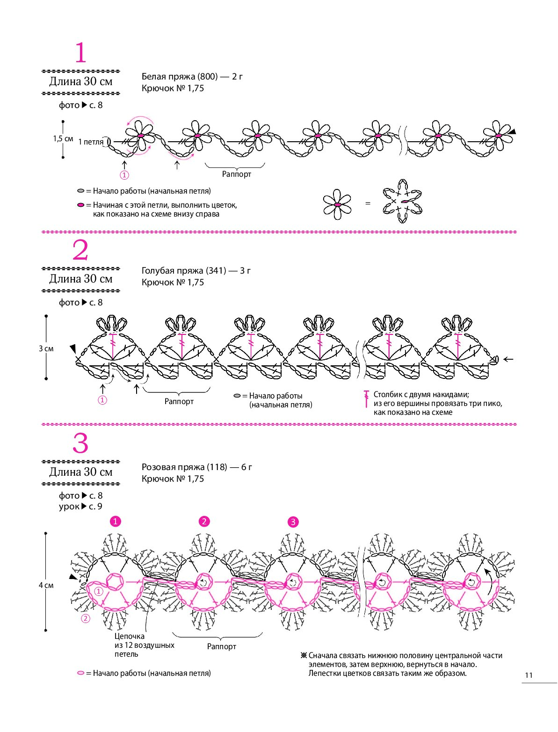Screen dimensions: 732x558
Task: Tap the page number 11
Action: pyautogui.click(x=529, y=675)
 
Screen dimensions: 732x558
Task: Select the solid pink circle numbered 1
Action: pyautogui.click(x=115, y=522)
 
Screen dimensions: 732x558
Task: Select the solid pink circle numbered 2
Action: pyautogui.click(x=204, y=522)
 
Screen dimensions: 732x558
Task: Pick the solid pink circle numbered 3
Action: pyautogui.click(x=293, y=522)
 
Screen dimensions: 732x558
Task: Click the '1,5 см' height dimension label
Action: pyautogui.click(x=63, y=139)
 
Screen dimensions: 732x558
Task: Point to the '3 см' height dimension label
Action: pyautogui.click(x=46, y=348)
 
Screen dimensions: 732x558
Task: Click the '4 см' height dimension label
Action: pyautogui.click(x=46, y=585)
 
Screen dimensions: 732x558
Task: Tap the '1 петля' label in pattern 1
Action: pyautogui.click(x=91, y=142)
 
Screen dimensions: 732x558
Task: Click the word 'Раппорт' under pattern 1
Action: pyautogui.click(x=237, y=174)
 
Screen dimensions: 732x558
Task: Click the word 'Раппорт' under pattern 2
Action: pyautogui.click(x=179, y=401)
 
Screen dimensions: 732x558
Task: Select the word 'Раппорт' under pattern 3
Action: pyautogui.click(x=222, y=646)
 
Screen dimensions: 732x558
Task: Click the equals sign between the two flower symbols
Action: pyautogui.click(x=368, y=203)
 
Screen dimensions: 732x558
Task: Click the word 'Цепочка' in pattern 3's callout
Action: pyautogui.click(x=130, y=636)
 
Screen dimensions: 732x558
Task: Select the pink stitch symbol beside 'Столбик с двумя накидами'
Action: pyautogui.click(x=366, y=399)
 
